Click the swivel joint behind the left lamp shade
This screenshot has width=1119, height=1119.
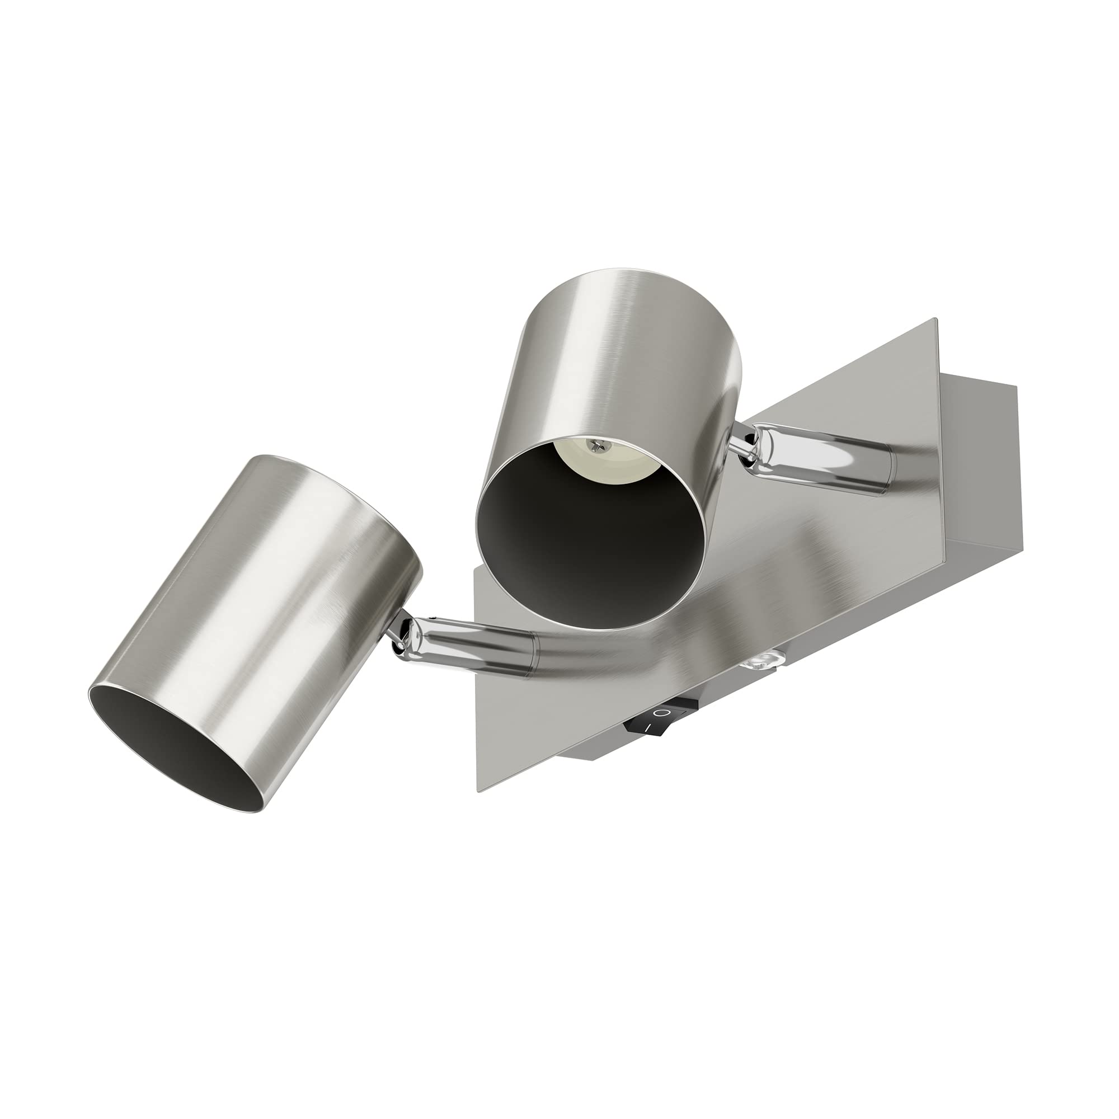tap(399, 637)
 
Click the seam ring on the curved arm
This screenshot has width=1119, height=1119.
tap(532, 655)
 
